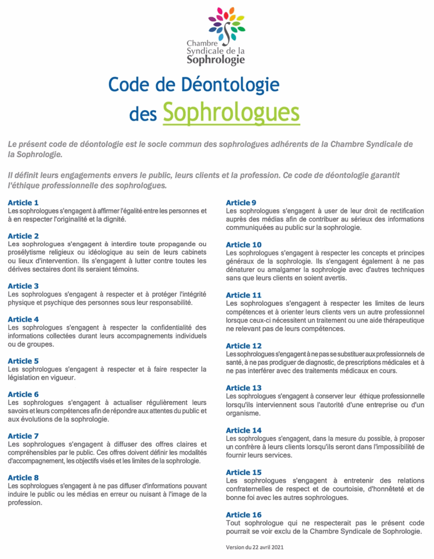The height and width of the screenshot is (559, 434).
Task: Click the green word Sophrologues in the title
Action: [x=231, y=112]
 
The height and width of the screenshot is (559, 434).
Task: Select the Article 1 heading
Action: [x=23, y=203]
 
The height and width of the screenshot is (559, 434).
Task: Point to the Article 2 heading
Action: [x=23, y=236]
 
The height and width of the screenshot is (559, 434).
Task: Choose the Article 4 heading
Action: [x=23, y=319]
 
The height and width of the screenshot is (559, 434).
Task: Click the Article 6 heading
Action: [x=23, y=394]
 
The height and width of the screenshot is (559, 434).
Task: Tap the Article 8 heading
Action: [x=23, y=478]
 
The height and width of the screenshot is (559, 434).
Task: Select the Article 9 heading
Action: [x=241, y=203]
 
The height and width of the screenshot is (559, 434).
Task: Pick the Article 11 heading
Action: [x=243, y=295]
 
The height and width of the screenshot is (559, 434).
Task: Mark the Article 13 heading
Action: [x=243, y=388]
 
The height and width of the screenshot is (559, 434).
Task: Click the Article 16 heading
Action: [x=243, y=515]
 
